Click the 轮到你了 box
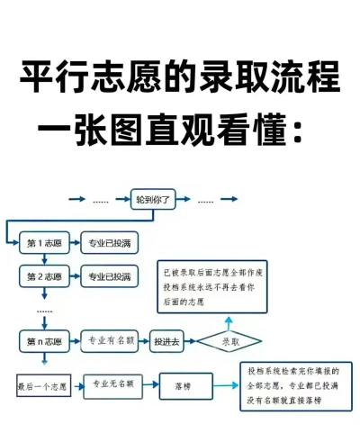[153, 198]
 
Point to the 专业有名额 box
[110, 341]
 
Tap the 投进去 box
[167, 342]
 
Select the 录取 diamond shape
[229, 342]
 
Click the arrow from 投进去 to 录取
[191, 342]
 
